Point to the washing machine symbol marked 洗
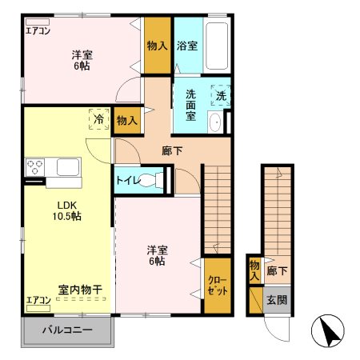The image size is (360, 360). [219, 95]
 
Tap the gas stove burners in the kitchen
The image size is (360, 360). [34, 168]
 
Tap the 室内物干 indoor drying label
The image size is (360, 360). [79, 288]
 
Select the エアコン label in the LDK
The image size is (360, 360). [38, 301]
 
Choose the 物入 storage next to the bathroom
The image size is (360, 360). [157, 46]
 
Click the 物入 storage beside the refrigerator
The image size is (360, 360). [126, 120]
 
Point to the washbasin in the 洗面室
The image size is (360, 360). [214, 122]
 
